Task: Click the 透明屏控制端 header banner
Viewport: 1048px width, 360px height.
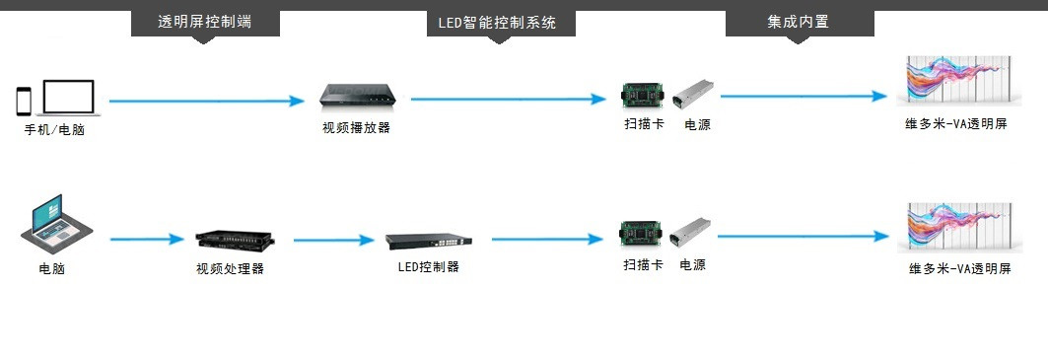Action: point(205,23)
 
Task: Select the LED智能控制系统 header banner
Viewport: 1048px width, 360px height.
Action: point(501,23)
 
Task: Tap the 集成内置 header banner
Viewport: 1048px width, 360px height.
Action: point(800,23)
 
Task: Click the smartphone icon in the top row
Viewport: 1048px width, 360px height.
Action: point(24,101)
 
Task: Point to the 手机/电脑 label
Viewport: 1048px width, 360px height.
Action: point(55,130)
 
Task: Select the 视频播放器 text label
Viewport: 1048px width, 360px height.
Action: point(356,128)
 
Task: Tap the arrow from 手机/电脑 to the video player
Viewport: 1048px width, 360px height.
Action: point(206,101)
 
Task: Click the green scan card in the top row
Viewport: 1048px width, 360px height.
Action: point(642,96)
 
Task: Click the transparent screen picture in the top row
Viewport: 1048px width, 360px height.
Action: point(959,81)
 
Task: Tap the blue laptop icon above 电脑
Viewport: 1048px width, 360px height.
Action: point(56,220)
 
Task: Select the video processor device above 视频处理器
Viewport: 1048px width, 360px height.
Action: point(235,239)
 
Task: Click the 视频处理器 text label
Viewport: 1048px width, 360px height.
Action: point(230,269)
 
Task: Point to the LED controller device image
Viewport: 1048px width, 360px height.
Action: point(429,241)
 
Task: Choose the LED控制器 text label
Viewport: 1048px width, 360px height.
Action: point(429,267)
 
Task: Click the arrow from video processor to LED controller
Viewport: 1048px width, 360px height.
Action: point(333,240)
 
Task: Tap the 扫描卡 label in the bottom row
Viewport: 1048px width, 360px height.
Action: point(644,265)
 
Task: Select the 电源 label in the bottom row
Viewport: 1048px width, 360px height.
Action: point(692,265)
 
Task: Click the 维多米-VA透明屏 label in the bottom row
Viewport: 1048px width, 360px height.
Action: point(959,269)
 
